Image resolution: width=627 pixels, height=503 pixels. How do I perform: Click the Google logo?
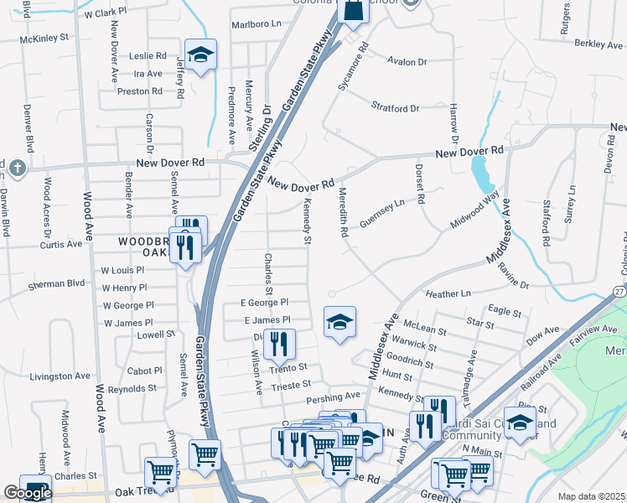tap(27, 494)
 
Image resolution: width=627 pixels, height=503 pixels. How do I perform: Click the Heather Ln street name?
tap(449, 294)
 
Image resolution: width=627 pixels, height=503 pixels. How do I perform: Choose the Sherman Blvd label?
tap(57, 284)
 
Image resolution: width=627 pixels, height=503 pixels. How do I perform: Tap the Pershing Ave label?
tap(334, 395)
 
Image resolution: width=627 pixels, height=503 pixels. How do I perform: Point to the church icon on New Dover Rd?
tap(18, 169)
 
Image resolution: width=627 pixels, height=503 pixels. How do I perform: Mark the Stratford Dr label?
tap(395, 108)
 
